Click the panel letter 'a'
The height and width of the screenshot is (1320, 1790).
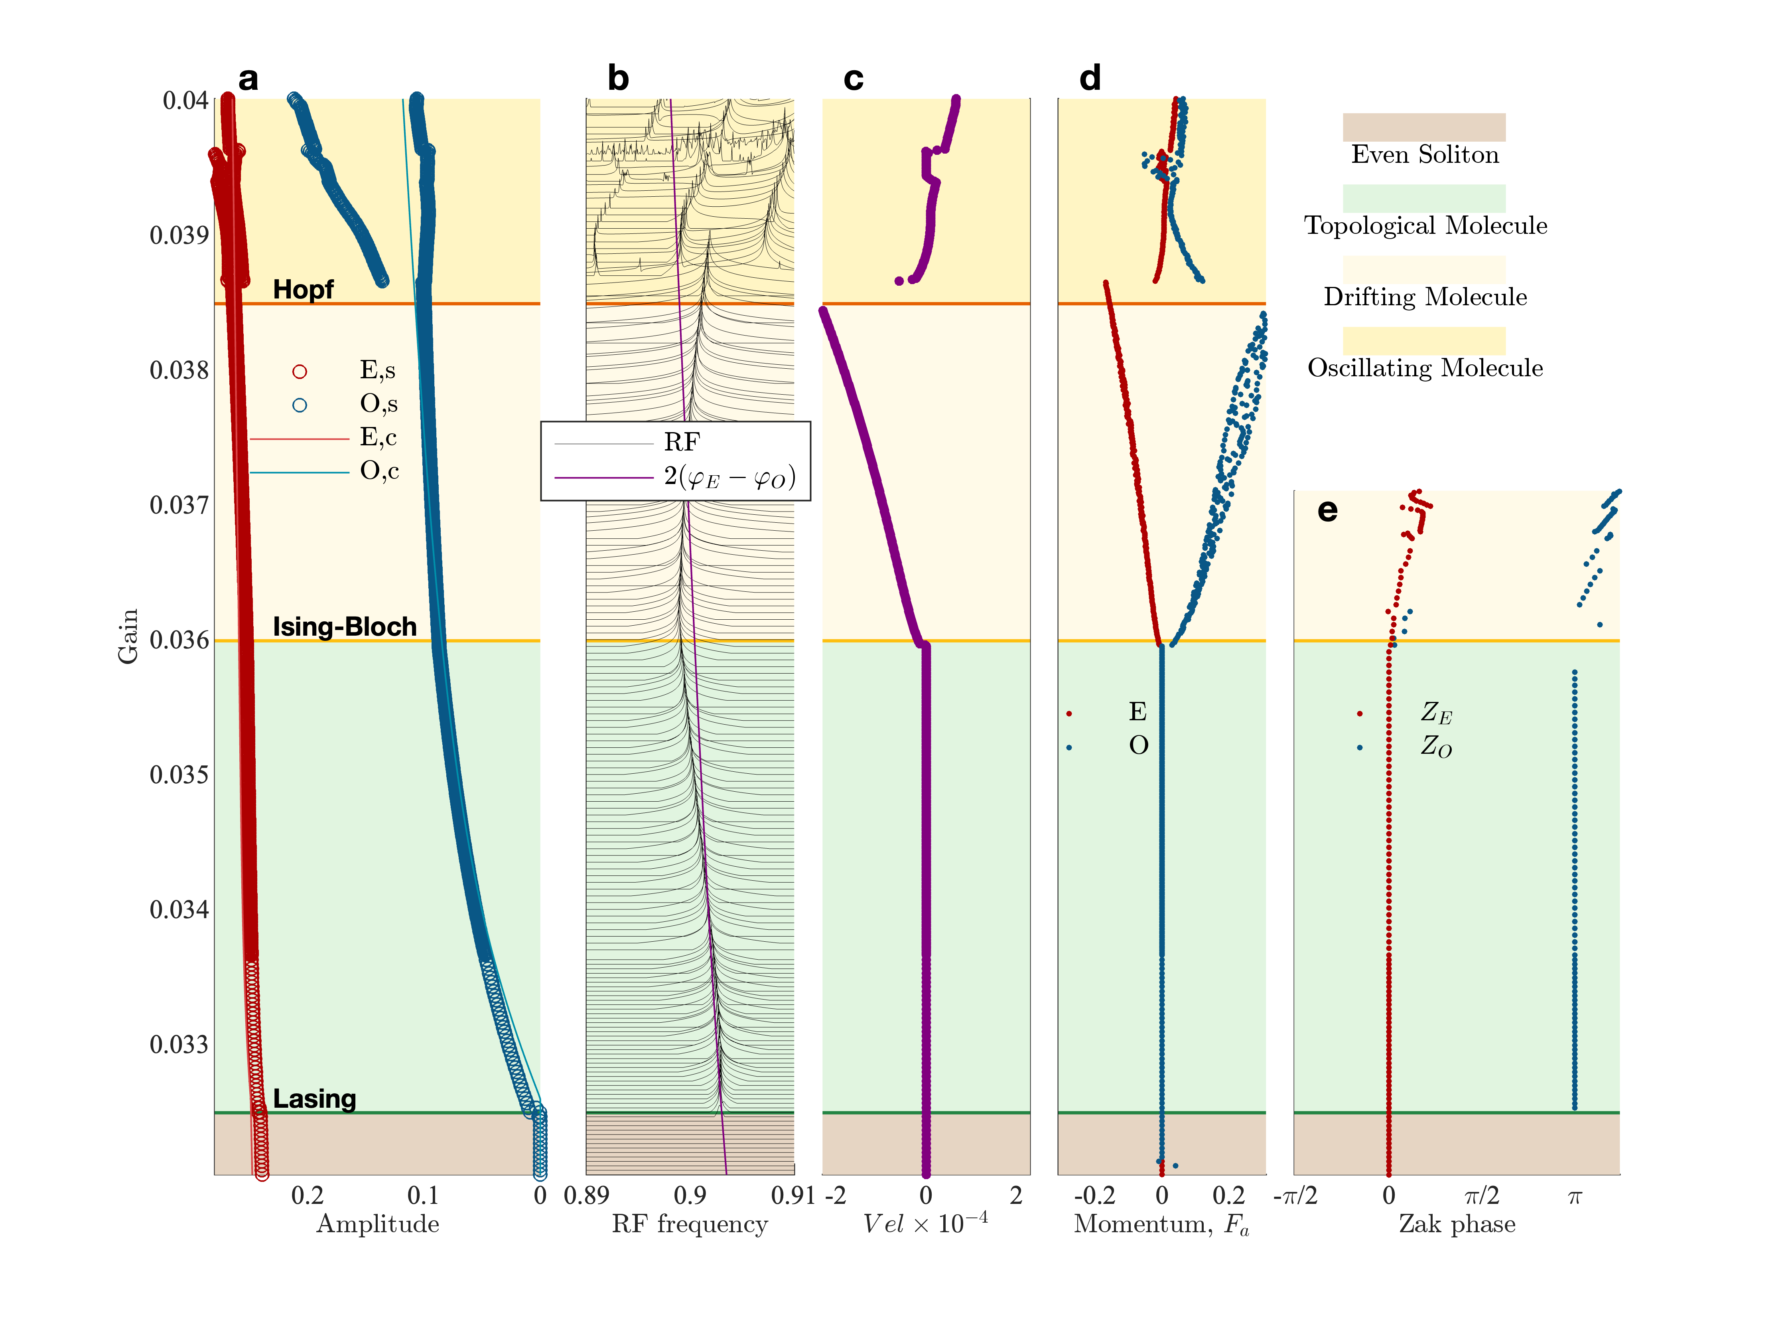[x=248, y=79]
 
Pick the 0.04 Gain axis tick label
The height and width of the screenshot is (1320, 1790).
[x=185, y=101]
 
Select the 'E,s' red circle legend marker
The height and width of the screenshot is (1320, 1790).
[x=300, y=371]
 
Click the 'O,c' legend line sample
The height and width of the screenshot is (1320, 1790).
[x=300, y=472]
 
